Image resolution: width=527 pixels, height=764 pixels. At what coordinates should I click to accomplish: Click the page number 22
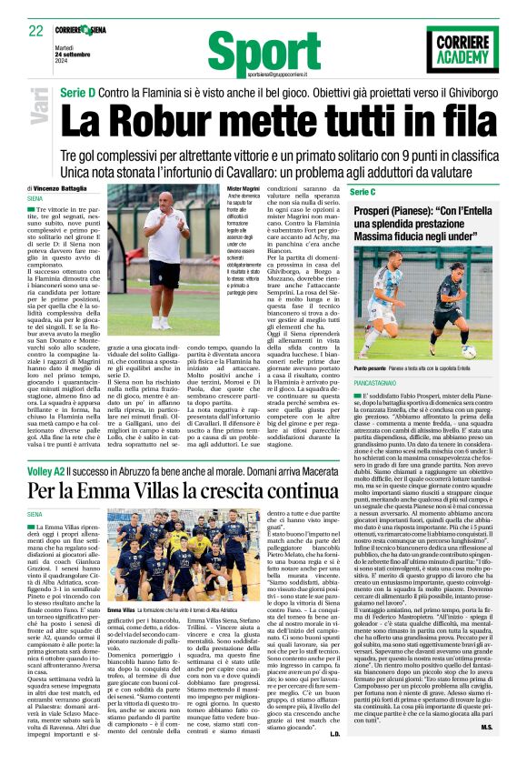pyautogui.click(x=36, y=30)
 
